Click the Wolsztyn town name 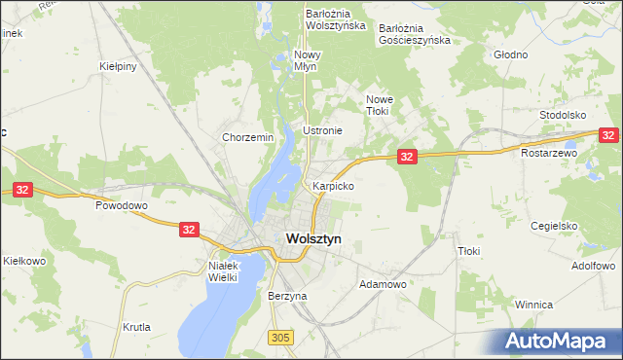pyautogui.click(x=313, y=238)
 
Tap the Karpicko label pyautogui.click(x=332, y=185)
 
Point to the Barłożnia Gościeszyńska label pyautogui.click(x=415, y=34)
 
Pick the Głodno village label pyautogui.click(x=510, y=54)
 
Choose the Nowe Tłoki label pyautogui.click(x=377, y=105)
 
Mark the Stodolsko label pyautogui.click(x=567, y=115)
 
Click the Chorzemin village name pyautogui.click(x=247, y=138)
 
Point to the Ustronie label pyautogui.click(x=322, y=130)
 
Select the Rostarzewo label pyautogui.click(x=549, y=153)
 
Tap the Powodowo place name pyautogui.click(x=121, y=206)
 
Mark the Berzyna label pyautogui.click(x=287, y=295)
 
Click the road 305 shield pyautogui.click(x=280, y=338)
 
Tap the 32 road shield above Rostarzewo pyautogui.click(x=608, y=137)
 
